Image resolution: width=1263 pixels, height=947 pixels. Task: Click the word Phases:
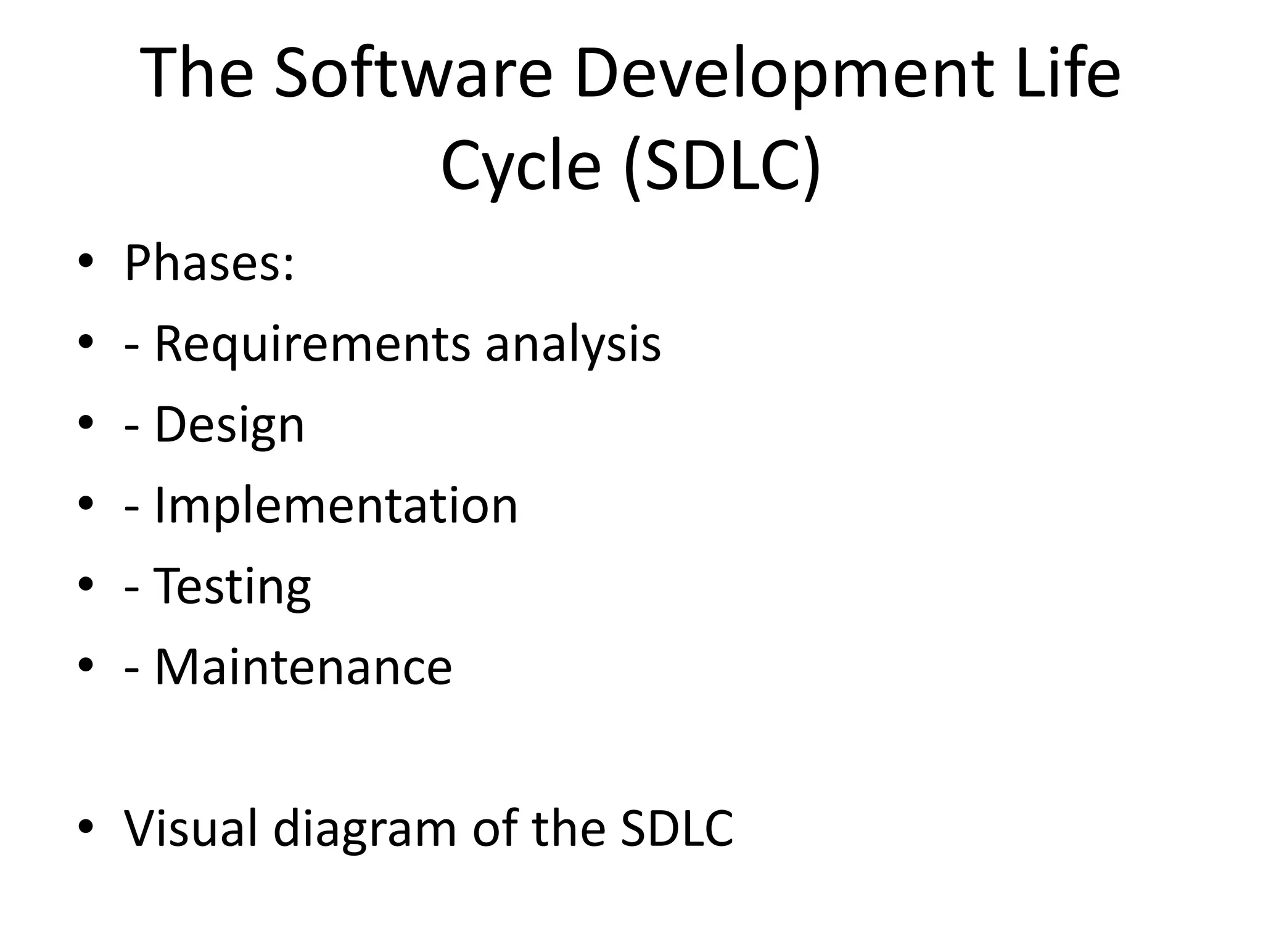(209, 263)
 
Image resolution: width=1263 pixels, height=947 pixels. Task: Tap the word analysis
(573, 344)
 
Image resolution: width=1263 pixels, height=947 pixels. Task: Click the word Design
(229, 425)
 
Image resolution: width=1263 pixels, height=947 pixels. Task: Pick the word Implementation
(336, 505)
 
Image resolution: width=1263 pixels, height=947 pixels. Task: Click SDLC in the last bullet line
(677, 827)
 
